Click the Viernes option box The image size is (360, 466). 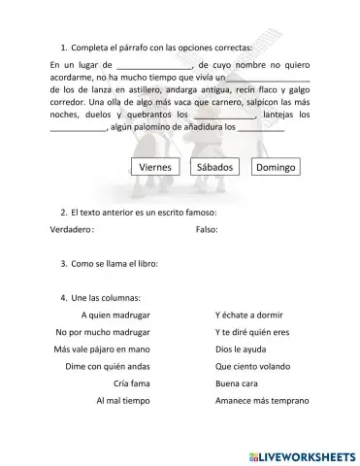(155, 167)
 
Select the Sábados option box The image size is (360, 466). (214, 167)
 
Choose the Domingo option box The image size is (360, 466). (276, 167)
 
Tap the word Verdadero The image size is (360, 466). (71, 230)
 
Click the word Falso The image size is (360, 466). (207, 230)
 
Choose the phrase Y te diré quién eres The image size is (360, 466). (252, 332)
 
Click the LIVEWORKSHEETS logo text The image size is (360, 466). (302, 454)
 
